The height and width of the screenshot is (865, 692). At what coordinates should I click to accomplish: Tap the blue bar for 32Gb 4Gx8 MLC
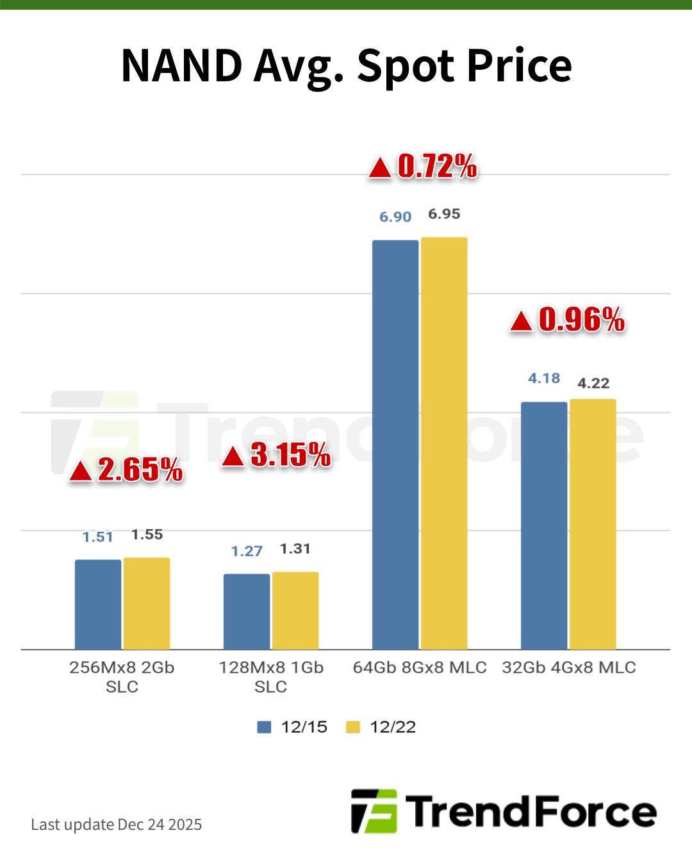point(544,525)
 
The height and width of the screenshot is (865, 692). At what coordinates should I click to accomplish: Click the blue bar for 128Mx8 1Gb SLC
point(247,611)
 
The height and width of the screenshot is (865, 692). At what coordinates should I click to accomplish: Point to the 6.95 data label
point(444,214)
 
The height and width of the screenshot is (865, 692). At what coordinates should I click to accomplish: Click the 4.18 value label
point(544,378)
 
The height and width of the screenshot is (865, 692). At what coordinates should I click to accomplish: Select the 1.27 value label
point(247,551)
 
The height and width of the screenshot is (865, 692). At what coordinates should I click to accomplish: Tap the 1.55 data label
point(147,534)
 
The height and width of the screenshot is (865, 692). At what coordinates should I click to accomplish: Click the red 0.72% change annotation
point(437,167)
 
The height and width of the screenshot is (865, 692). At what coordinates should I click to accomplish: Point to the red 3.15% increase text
point(290,455)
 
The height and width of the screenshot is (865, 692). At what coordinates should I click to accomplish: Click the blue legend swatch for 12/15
point(264,727)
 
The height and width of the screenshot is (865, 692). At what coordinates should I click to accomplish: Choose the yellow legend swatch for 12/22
point(353,727)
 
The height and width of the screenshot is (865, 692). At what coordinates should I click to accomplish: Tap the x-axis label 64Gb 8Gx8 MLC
point(420,667)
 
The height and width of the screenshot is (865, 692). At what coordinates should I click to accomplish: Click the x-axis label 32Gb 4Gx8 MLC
point(569,667)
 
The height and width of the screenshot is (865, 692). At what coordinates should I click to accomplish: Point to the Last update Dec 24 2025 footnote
point(116,824)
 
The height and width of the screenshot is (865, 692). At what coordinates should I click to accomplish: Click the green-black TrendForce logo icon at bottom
point(374,811)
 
